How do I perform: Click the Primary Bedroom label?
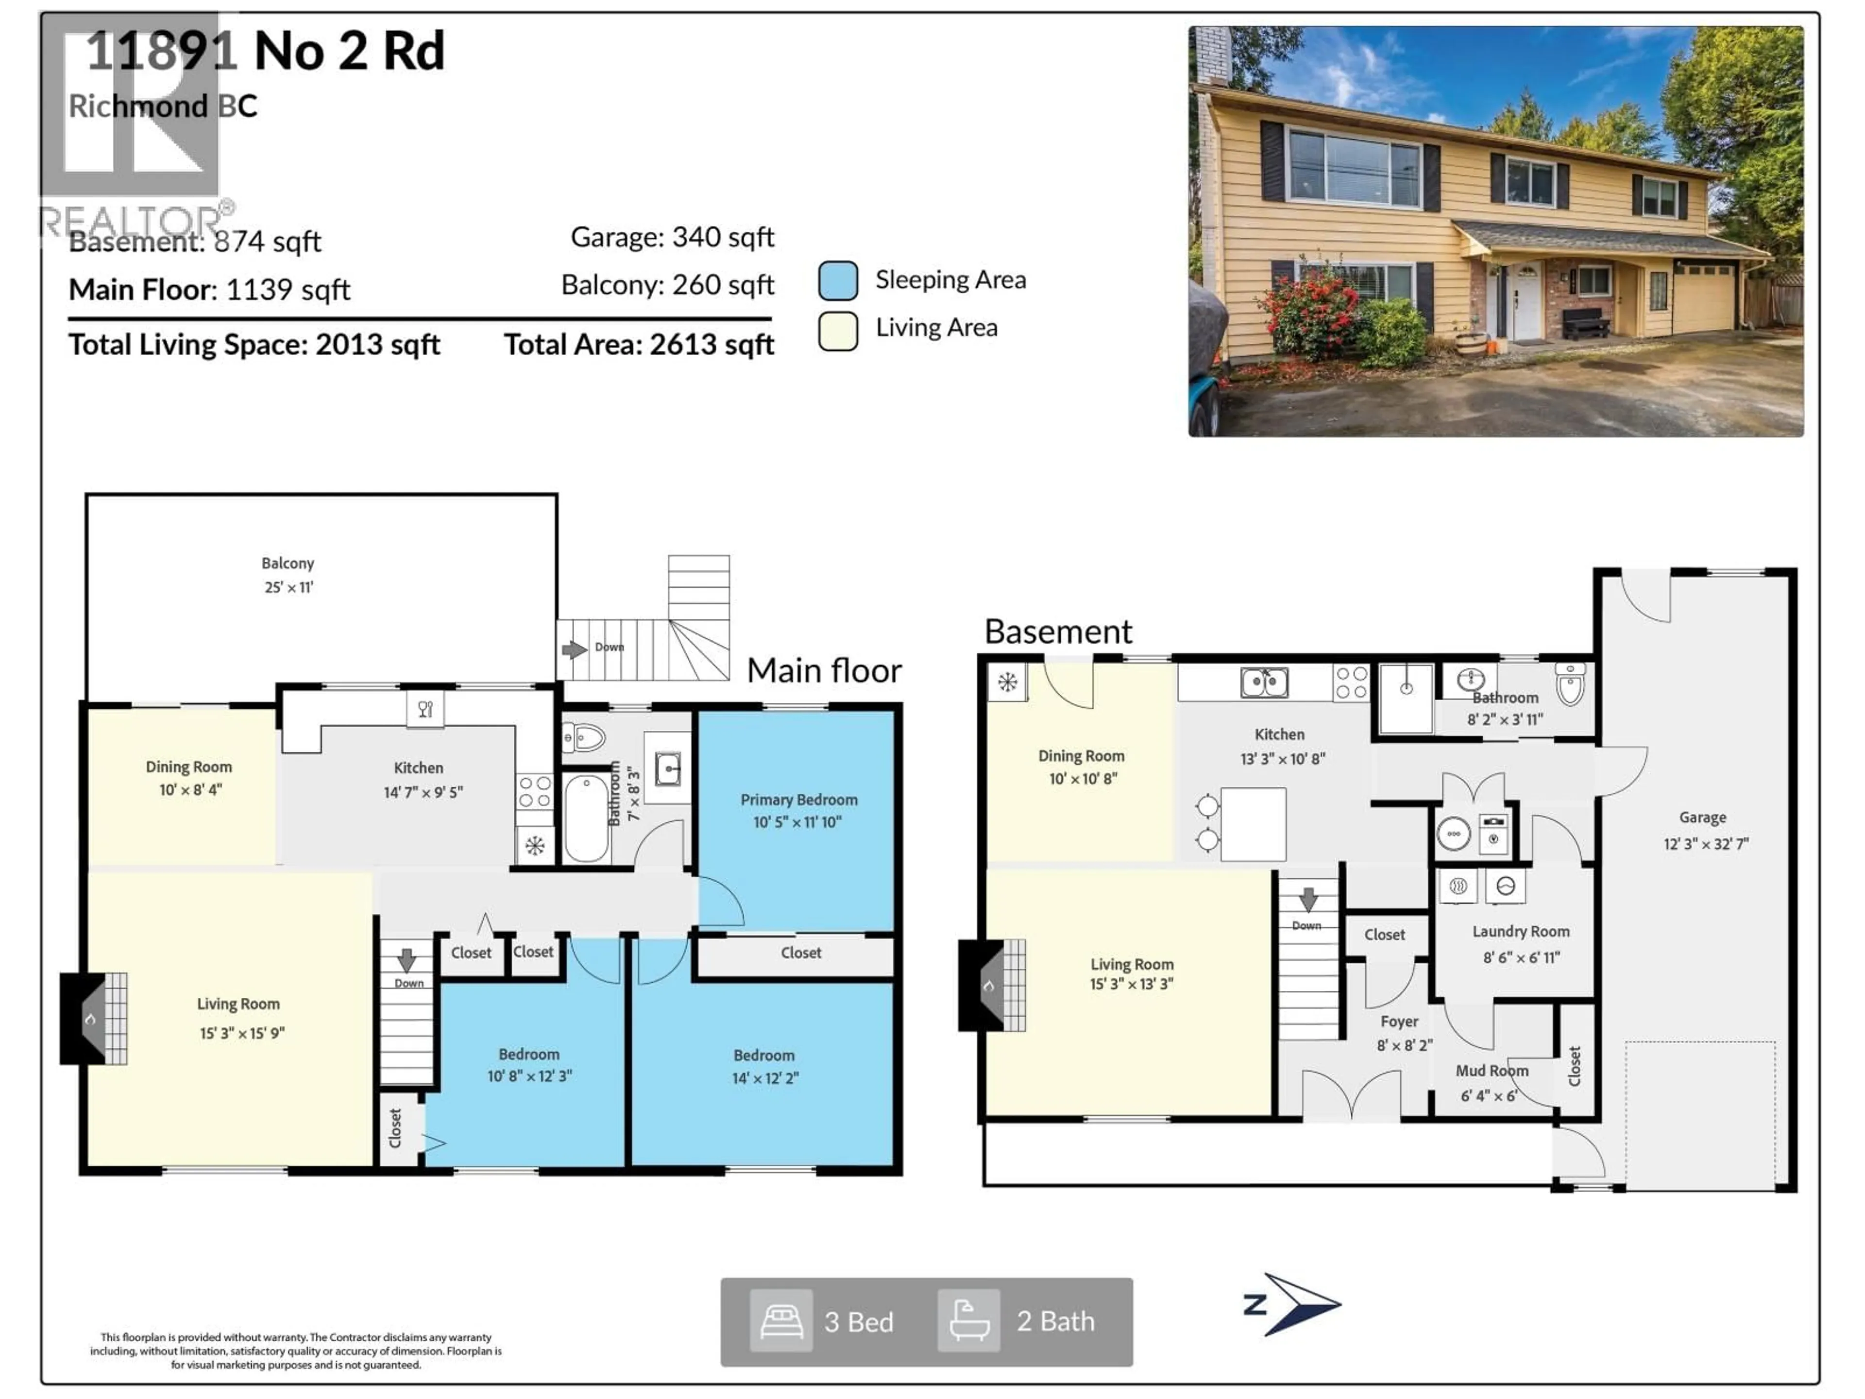tap(798, 800)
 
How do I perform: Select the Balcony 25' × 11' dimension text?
tap(288, 587)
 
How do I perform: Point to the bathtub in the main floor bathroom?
tap(586, 816)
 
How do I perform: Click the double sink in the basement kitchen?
tap(1264, 682)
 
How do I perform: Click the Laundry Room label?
tap(1520, 931)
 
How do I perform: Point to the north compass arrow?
tap(1295, 1304)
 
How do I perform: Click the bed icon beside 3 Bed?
tap(781, 1321)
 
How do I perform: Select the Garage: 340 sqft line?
tap(672, 237)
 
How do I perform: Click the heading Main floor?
tap(824, 670)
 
